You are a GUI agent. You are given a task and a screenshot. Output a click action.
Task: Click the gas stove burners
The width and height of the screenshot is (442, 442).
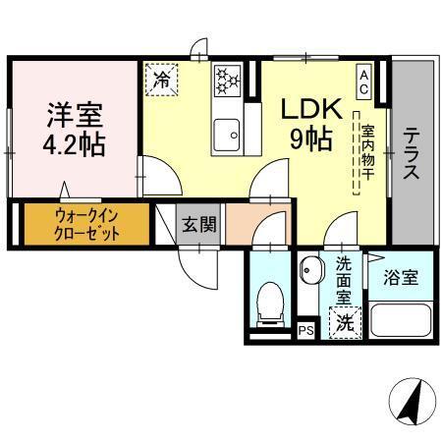(x=228, y=80)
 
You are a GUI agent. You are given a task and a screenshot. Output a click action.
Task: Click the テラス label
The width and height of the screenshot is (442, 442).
(x=413, y=152)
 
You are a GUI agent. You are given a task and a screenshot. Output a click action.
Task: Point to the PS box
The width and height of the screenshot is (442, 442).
(x=306, y=329)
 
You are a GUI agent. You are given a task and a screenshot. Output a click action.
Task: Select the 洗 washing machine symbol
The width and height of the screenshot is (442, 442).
(x=345, y=321)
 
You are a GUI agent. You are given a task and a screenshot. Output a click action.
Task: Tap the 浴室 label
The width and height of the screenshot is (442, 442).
(x=401, y=277)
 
